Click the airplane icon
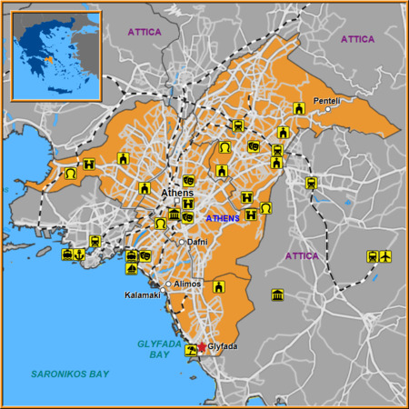(384, 256)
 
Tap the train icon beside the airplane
(372, 256)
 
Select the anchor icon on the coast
(80, 254)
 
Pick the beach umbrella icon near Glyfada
(191, 349)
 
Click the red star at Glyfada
(202, 347)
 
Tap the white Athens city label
(176, 194)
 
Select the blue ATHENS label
(223, 218)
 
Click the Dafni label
(197, 242)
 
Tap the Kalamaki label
(142, 295)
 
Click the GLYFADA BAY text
(158, 348)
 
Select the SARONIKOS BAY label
(69, 374)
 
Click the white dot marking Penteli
(328, 110)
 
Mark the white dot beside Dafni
(182, 242)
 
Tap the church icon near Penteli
(299, 109)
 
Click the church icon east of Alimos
(218, 286)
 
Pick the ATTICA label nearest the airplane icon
(302, 255)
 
